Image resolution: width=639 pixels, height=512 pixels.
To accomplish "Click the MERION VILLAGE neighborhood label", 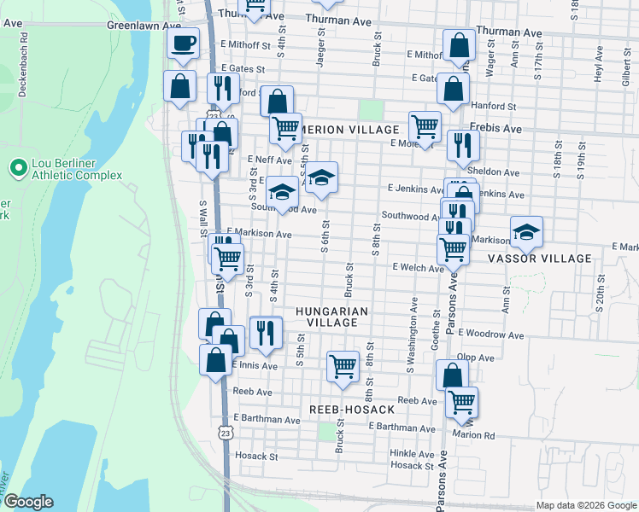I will coord(350,129).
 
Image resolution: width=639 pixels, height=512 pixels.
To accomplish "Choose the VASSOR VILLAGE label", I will coord(539,259).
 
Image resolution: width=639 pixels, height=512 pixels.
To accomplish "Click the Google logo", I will coord(28,503).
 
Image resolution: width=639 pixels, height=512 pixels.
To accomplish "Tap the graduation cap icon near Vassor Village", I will coord(527,231).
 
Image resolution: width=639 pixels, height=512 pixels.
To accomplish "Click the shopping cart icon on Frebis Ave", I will coord(425,127).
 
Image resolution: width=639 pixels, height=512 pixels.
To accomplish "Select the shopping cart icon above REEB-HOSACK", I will coord(343,366).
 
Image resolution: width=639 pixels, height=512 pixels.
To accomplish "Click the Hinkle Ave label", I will coord(409,453).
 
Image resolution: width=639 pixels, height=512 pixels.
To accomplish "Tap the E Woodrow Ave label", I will coord(490,333).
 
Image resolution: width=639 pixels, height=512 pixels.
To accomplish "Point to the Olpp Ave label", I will coord(476,358).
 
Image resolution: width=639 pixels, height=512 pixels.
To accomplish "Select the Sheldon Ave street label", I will coord(498,172).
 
